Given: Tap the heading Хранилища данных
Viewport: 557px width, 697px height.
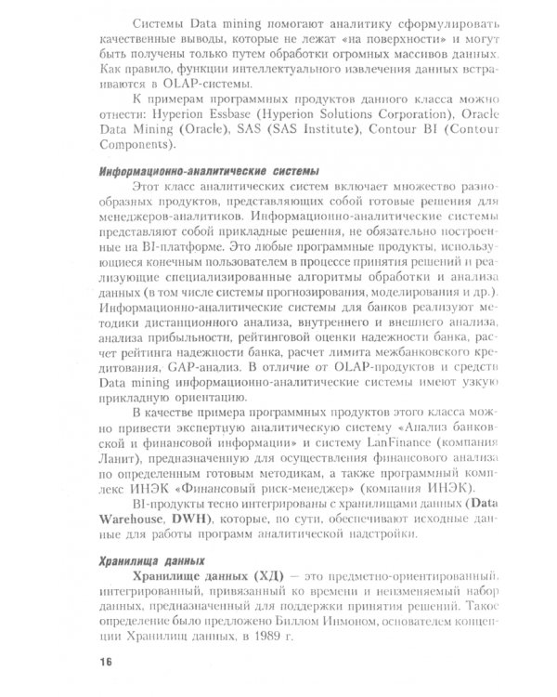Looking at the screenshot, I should (x=148, y=560).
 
